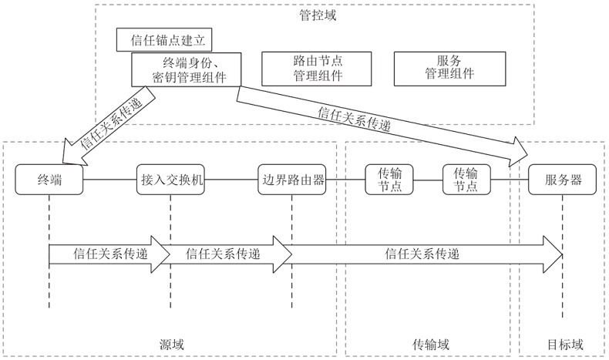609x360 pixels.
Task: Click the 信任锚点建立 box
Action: click(x=163, y=40)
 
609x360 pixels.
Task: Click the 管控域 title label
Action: click(x=317, y=14)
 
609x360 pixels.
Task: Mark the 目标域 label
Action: click(x=565, y=343)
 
